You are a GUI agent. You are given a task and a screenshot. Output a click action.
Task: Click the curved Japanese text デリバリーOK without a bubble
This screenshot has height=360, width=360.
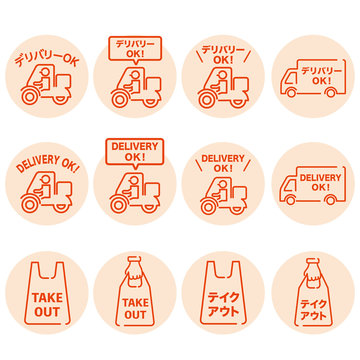[46, 59]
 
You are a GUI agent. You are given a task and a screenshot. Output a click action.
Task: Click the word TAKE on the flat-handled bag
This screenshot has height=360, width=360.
[46, 299]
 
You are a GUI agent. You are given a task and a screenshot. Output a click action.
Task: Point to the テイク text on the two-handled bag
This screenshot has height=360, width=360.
[222, 297]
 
